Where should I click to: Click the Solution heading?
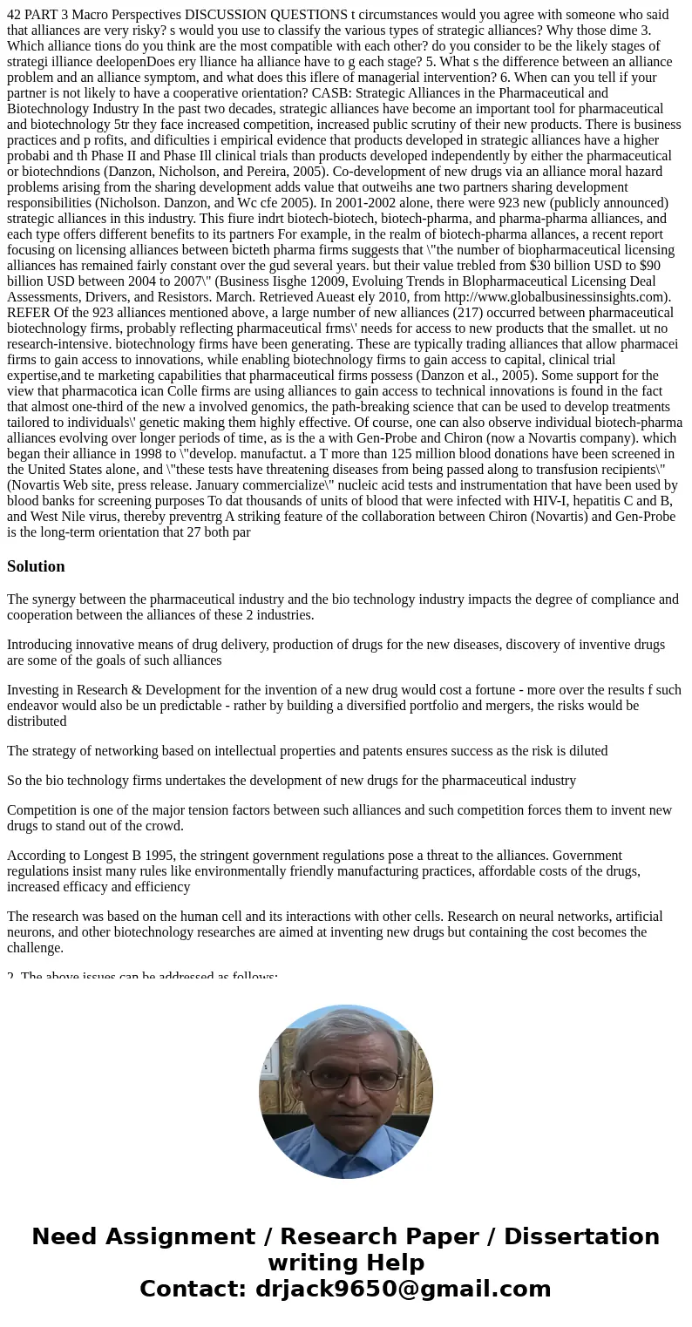[x=36, y=566]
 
